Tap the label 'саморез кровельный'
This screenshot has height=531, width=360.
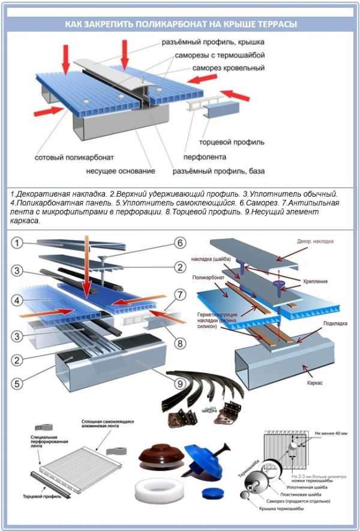tap(229, 68)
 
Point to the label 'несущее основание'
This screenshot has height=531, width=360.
tap(121, 172)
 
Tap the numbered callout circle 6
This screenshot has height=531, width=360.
tap(178, 243)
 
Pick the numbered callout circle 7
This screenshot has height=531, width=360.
tap(178, 296)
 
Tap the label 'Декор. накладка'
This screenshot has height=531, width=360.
tap(314, 241)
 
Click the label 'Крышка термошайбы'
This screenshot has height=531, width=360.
tap(277, 509)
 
